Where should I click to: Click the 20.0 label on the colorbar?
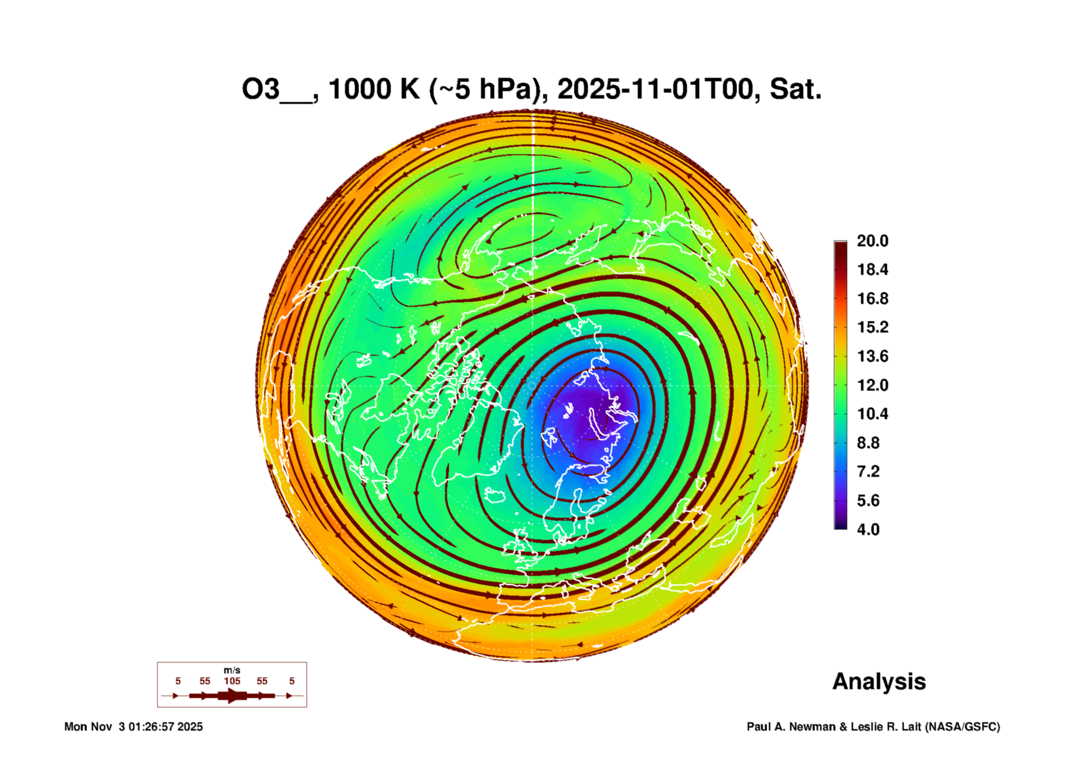pyautogui.click(x=872, y=241)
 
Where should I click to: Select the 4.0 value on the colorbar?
pyautogui.click(x=868, y=529)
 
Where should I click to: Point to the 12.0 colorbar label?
pyautogui.click(x=872, y=385)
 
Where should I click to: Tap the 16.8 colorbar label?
pyautogui.click(x=872, y=299)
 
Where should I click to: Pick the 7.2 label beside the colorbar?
pyautogui.click(x=868, y=471)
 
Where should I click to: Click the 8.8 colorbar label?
pyautogui.click(x=868, y=443)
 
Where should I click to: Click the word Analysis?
pyautogui.click(x=879, y=681)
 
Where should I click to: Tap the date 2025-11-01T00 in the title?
pyautogui.click(x=655, y=90)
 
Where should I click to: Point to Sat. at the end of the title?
pyautogui.click(x=795, y=90)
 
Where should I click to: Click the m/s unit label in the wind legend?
pyautogui.click(x=232, y=670)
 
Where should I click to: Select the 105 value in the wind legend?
pyautogui.click(x=232, y=681)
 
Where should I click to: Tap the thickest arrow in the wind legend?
pyautogui.click(x=232, y=696)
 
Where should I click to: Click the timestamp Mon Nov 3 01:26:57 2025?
pyautogui.click(x=134, y=727)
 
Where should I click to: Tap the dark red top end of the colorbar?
pyautogui.click(x=840, y=245)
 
